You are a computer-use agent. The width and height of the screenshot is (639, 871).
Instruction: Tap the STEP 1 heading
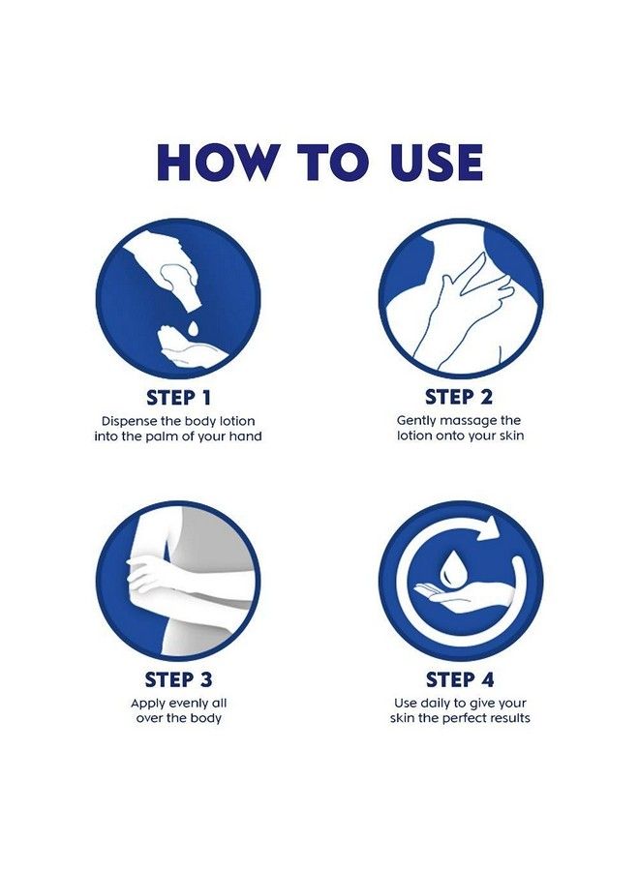178,397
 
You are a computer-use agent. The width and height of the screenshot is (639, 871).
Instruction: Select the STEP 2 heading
460,397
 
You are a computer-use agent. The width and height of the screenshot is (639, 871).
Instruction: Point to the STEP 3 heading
178,678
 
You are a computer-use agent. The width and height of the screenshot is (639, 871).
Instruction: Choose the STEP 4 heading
460,678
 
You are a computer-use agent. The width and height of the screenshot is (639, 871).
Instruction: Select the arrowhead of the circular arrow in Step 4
493,527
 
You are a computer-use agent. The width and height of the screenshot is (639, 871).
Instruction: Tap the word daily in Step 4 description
437,703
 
